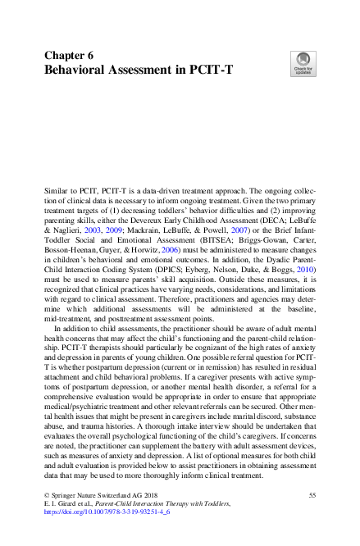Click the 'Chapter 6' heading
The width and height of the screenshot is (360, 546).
pyautogui.click(x=69, y=55)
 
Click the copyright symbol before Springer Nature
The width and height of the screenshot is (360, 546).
pyautogui.click(x=47, y=496)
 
